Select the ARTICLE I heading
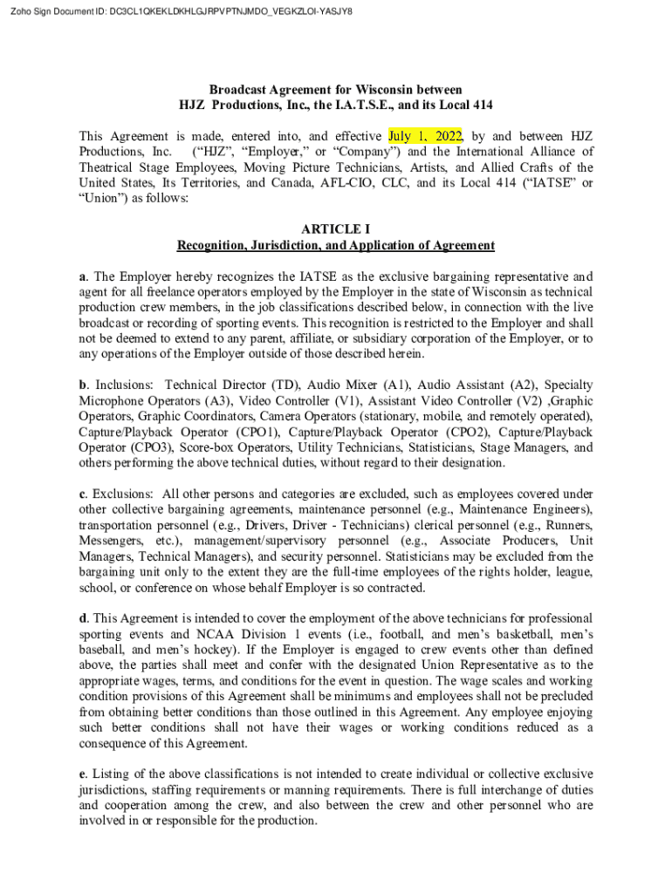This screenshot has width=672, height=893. (x=336, y=229)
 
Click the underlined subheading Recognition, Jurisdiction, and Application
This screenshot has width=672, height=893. (x=336, y=245)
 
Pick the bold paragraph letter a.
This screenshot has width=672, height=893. (x=83, y=276)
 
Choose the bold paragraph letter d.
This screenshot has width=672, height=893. (x=83, y=618)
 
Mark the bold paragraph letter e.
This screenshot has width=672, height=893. (x=83, y=774)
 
